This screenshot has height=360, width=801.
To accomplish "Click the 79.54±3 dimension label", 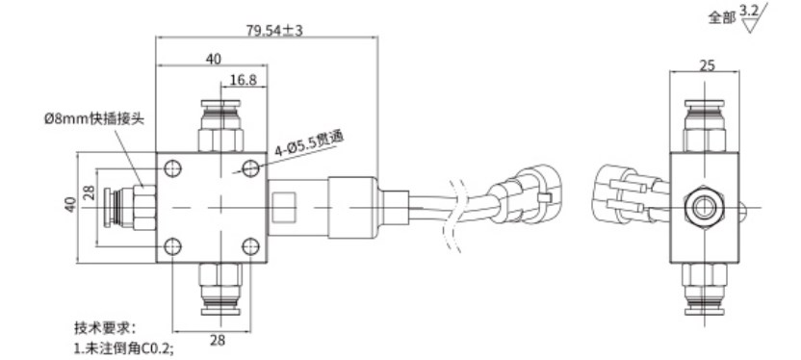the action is pyautogui.click(x=274, y=30).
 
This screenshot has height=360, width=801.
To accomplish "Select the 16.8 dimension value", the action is pyautogui.click(x=244, y=80).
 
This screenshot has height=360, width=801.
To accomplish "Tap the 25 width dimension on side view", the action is pyautogui.click(x=707, y=64).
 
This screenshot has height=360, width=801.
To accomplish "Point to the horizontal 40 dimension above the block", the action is pyautogui.click(x=214, y=59).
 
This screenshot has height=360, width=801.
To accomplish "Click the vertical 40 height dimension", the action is pyautogui.click(x=71, y=204).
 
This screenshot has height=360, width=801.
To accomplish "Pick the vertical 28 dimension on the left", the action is pyautogui.click(x=89, y=193).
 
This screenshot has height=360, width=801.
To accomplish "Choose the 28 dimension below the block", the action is pyautogui.click(x=218, y=340).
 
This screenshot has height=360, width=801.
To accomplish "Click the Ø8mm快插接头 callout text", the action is pyautogui.click(x=94, y=119).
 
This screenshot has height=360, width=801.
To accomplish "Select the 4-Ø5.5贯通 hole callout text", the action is pyautogui.click(x=309, y=144).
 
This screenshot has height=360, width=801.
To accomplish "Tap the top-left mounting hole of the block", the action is pyautogui.click(x=172, y=168).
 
